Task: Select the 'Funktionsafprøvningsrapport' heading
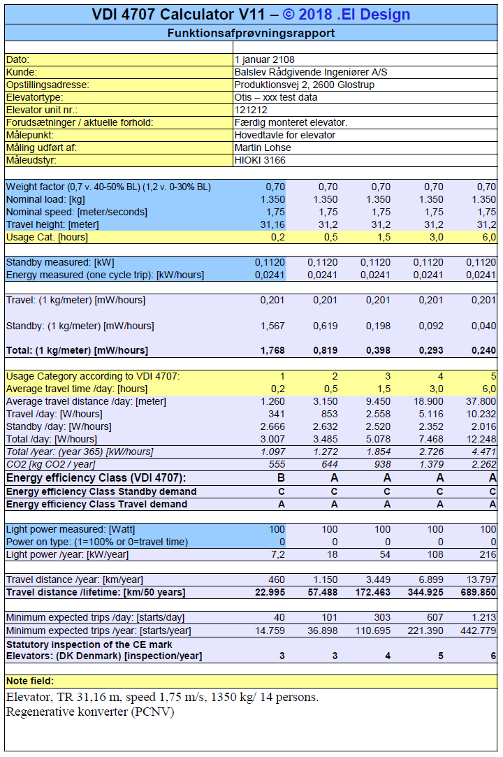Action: (251, 33)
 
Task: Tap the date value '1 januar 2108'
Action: (265, 59)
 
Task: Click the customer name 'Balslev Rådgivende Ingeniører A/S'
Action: (311, 72)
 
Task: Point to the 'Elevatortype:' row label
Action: (34, 97)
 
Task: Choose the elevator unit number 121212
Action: (251, 110)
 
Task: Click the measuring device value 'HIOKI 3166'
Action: (260, 160)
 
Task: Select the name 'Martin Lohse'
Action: (263, 147)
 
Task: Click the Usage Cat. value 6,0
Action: (488, 237)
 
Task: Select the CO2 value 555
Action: (277, 464)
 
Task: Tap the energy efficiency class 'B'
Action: (282, 478)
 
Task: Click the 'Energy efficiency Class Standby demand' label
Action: (101, 491)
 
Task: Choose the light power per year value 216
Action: (488, 554)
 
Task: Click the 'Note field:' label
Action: (30, 681)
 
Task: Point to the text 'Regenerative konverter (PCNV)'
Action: (90, 712)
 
